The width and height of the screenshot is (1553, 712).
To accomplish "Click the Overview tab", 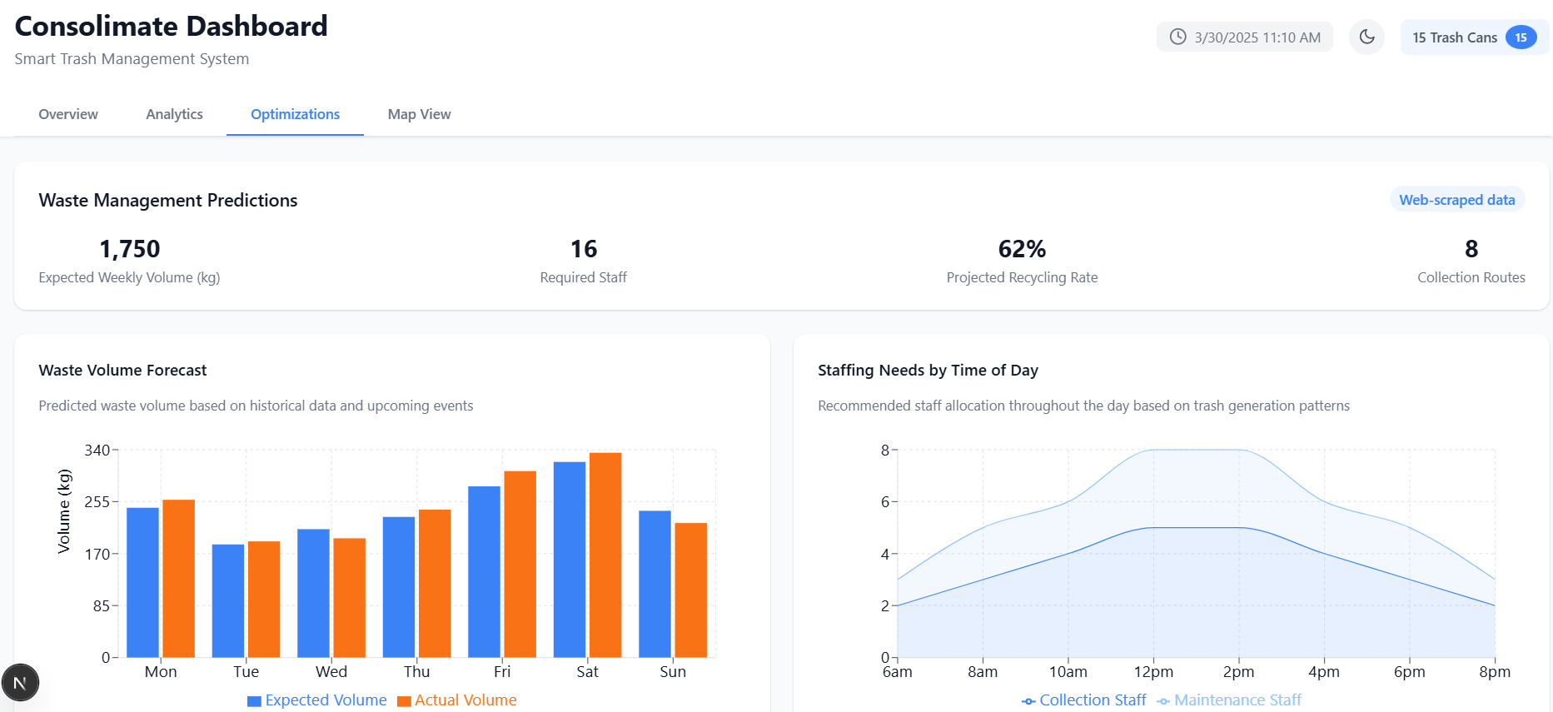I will (x=68, y=114).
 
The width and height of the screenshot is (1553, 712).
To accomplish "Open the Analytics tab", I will (x=174, y=114).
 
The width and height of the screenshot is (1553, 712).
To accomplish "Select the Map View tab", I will (x=419, y=114).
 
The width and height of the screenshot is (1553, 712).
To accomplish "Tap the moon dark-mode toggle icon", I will (x=1366, y=37).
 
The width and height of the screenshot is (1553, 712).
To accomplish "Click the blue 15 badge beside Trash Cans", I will (x=1521, y=37).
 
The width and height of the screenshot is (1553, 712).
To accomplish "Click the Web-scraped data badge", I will (x=1456, y=200).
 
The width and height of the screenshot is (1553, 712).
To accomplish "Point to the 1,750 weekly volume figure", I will (x=129, y=249).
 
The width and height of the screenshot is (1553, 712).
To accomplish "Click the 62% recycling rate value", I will (x=1022, y=249).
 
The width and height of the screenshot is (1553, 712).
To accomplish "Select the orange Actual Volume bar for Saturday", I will (x=605, y=555).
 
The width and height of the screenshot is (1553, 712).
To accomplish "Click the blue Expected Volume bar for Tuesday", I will (x=228, y=600).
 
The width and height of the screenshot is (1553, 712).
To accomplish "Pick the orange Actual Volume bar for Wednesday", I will (x=350, y=597).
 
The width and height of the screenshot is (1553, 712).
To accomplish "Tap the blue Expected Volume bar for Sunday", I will (x=655, y=584).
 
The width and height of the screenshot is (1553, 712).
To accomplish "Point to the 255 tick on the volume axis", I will (x=97, y=502).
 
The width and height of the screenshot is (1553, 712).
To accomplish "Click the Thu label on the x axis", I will (x=416, y=672).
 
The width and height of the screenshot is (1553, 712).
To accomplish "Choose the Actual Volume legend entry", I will (x=457, y=700).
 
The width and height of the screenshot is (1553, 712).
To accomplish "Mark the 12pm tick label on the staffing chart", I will (x=1153, y=672).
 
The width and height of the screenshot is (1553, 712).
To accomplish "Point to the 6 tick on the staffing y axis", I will (x=885, y=502).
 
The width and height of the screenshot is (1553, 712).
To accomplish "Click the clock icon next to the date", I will (x=1177, y=37).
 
